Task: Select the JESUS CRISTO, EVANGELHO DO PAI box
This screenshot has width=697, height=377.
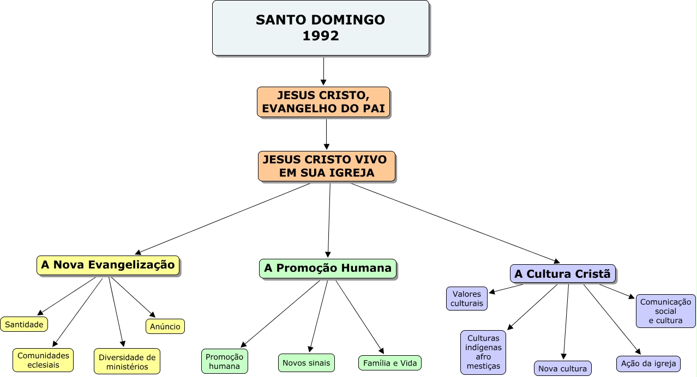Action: point(323,102)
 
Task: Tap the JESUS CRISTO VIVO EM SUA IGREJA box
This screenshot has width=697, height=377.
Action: point(326,166)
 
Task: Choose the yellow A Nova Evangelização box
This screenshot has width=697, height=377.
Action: point(108,265)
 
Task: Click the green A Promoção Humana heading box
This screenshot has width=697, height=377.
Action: point(328,268)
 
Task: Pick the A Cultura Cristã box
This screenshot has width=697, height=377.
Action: point(562,274)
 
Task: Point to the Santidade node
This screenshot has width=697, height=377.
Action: point(24,324)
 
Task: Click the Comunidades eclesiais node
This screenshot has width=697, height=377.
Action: point(43,360)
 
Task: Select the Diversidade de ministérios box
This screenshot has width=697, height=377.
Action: point(127,362)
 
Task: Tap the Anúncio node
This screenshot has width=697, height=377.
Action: point(165,326)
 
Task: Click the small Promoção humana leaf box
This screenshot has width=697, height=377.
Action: point(225,361)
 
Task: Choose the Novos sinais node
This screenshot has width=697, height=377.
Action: point(307,362)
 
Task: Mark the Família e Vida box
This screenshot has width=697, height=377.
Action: point(389,363)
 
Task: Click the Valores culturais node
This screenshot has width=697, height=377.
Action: point(467,299)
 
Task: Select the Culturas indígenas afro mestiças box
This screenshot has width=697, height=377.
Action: point(483,352)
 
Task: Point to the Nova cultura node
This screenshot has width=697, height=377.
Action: point(562,369)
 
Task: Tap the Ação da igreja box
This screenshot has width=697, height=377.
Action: point(648,363)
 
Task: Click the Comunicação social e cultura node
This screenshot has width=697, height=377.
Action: point(665,311)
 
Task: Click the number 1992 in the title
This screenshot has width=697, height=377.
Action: point(320,36)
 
